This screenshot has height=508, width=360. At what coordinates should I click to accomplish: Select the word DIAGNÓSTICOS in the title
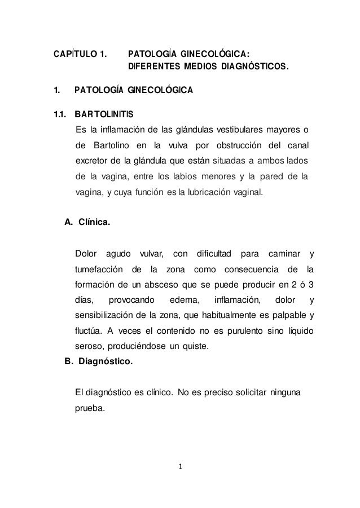click(256, 69)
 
